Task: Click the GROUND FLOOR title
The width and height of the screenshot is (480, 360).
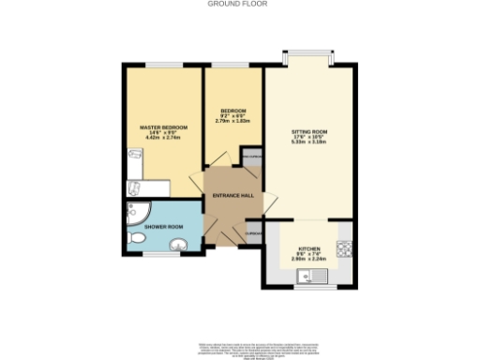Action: [x=239, y=4]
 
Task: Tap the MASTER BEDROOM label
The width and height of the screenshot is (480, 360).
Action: [x=164, y=127]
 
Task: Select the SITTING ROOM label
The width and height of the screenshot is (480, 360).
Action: [x=308, y=132]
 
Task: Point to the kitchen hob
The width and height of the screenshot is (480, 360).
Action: [x=344, y=249]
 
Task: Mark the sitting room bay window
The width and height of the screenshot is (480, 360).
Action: [x=308, y=53]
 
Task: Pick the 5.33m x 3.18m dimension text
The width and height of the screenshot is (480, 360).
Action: [x=308, y=144]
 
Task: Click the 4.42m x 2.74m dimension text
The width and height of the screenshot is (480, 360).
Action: [x=164, y=139]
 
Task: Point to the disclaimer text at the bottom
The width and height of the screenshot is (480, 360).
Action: [x=239, y=344]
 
